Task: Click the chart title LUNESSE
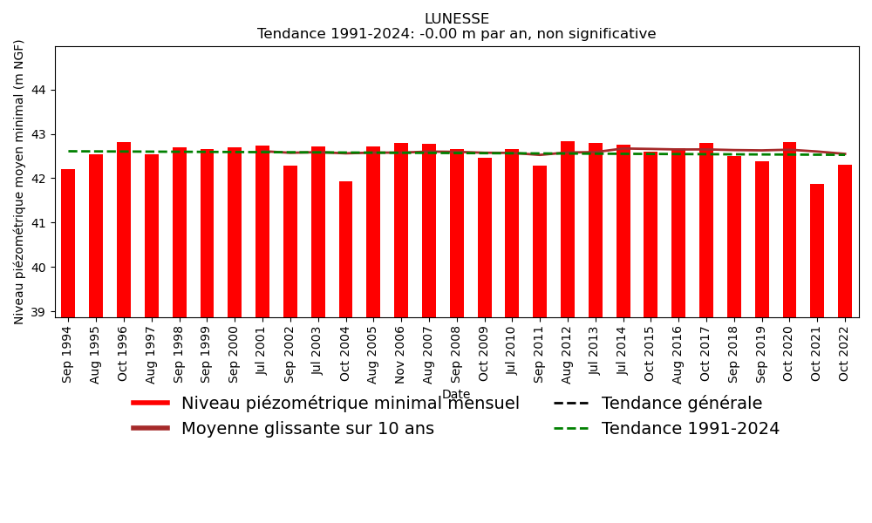point(456,19)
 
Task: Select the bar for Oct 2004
point(345,248)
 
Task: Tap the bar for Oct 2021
point(817,250)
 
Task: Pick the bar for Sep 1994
point(68,242)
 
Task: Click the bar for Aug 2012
point(568,228)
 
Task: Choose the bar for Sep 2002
point(290,241)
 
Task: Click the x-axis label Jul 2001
point(262,350)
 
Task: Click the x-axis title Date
point(456,395)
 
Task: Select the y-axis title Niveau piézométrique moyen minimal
point(20,181)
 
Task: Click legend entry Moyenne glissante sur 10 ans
point(307,429)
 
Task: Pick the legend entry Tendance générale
point(681,404)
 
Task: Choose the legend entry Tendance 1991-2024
point(690,429)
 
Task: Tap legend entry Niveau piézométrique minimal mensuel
point(350,404)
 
